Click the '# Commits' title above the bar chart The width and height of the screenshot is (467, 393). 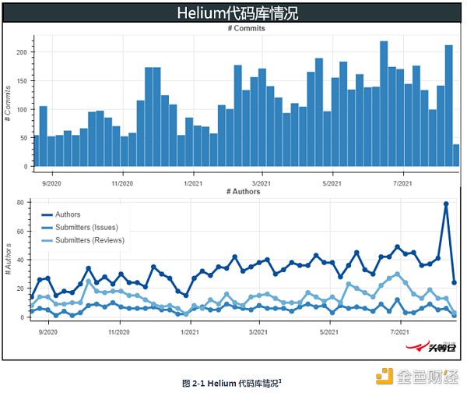(246, 28)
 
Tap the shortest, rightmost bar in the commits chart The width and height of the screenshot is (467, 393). (456, 155)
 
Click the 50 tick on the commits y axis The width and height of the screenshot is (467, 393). (24, 138)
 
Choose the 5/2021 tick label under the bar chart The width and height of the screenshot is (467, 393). (333, 183)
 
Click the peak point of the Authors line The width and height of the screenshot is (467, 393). (446, 204)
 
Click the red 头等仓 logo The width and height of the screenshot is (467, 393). (429, 348)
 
